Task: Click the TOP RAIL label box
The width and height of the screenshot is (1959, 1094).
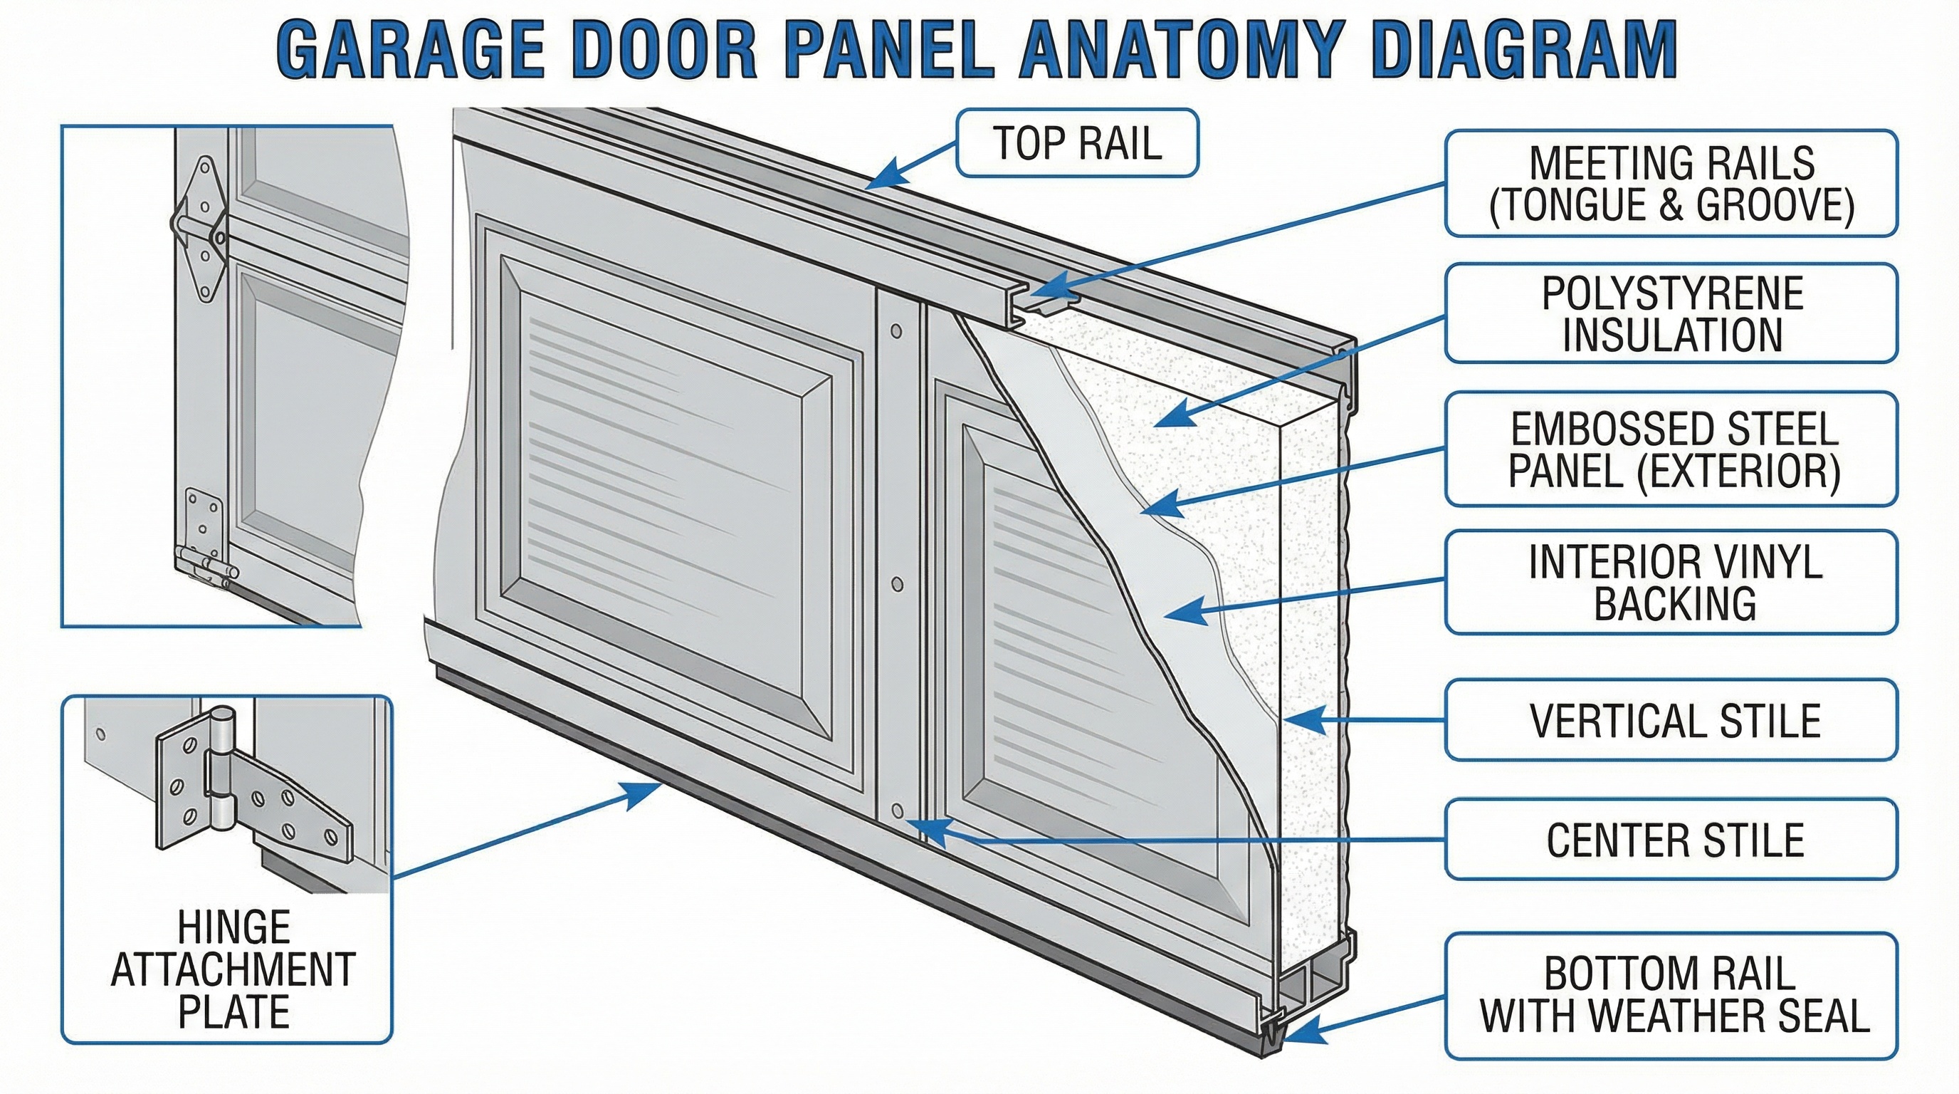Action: point(1076,143)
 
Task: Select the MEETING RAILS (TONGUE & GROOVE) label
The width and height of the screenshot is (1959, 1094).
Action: point(1671,183)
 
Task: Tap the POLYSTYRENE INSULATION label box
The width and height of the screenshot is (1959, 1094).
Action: point(1671,313)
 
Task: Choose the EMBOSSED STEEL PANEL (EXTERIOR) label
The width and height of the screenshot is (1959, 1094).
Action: point(1671,448)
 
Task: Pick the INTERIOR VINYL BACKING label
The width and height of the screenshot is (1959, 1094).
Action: point(1671,582)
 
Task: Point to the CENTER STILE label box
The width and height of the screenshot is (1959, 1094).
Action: point(1671,839)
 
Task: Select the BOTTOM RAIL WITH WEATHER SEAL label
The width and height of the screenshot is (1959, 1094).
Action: point(1671,995)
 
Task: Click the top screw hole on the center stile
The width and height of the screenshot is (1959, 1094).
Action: point(896,331)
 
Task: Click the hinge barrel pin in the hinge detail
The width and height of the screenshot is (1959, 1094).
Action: point(221,769)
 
